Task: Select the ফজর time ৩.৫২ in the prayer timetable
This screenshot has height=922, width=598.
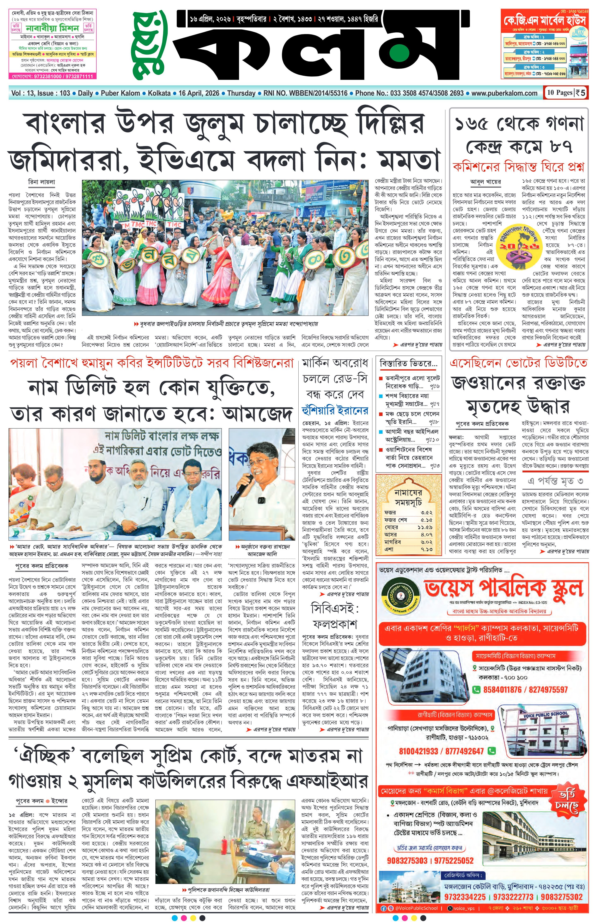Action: (x=425, y=512)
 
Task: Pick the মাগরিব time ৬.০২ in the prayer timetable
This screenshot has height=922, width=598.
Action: (x=425, y=542)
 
